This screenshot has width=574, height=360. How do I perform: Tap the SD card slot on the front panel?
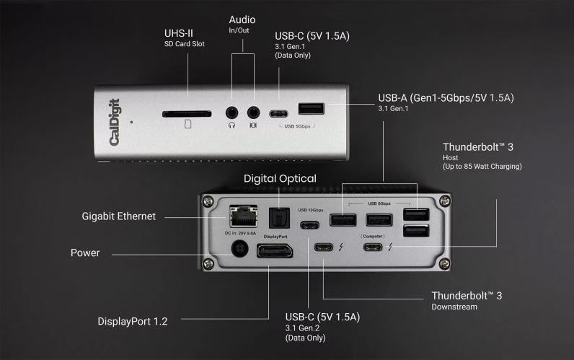(187, 113)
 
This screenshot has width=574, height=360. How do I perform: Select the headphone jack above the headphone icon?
(231, 113)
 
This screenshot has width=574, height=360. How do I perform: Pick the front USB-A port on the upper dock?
(311, 109)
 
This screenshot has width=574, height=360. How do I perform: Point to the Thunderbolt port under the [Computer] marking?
(373, 248)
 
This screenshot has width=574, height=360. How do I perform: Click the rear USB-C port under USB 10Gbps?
(310, 223)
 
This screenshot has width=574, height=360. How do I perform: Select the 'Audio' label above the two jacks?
(242, 19)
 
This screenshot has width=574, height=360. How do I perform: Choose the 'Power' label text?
(84, 253)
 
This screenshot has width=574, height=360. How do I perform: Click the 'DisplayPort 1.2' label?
(133, 321)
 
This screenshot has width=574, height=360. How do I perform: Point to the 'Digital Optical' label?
(280, 178)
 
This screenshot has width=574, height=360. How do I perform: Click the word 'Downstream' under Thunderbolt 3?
(454, 307)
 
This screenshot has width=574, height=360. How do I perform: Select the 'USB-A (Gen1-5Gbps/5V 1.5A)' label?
(450, 97)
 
